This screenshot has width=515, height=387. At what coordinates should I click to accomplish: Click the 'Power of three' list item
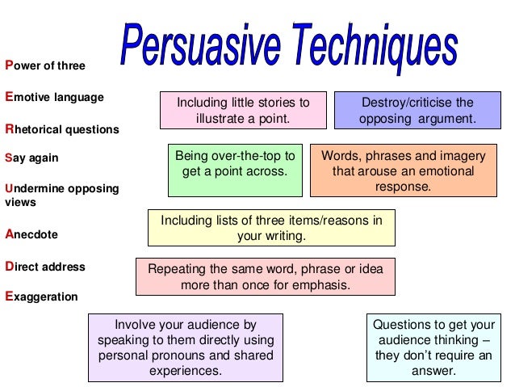[44, 65]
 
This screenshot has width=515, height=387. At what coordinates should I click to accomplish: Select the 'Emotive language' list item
[54, 97]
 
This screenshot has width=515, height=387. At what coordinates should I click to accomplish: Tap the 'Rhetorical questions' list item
[61, 128]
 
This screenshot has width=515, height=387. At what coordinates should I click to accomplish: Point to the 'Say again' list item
[31, 158]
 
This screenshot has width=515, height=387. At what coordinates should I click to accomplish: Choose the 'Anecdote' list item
[31, 235]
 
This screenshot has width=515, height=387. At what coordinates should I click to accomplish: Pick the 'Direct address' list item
[44, 266]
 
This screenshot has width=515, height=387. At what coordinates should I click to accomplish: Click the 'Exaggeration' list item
[41, 297]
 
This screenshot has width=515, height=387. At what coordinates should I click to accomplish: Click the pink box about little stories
[243, 111]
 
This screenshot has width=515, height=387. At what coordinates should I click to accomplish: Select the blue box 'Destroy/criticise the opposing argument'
[417, 111]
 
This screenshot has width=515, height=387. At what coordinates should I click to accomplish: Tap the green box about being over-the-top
[234, 170]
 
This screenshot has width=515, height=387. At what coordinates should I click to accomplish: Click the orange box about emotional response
[403, 170]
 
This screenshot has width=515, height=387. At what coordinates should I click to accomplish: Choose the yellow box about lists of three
[271, 228]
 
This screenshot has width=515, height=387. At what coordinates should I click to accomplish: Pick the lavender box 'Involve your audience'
[185, 347]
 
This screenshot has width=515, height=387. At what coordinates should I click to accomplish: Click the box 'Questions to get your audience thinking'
[433, 347]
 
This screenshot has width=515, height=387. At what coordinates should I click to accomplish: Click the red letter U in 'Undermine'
[9, 188]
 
